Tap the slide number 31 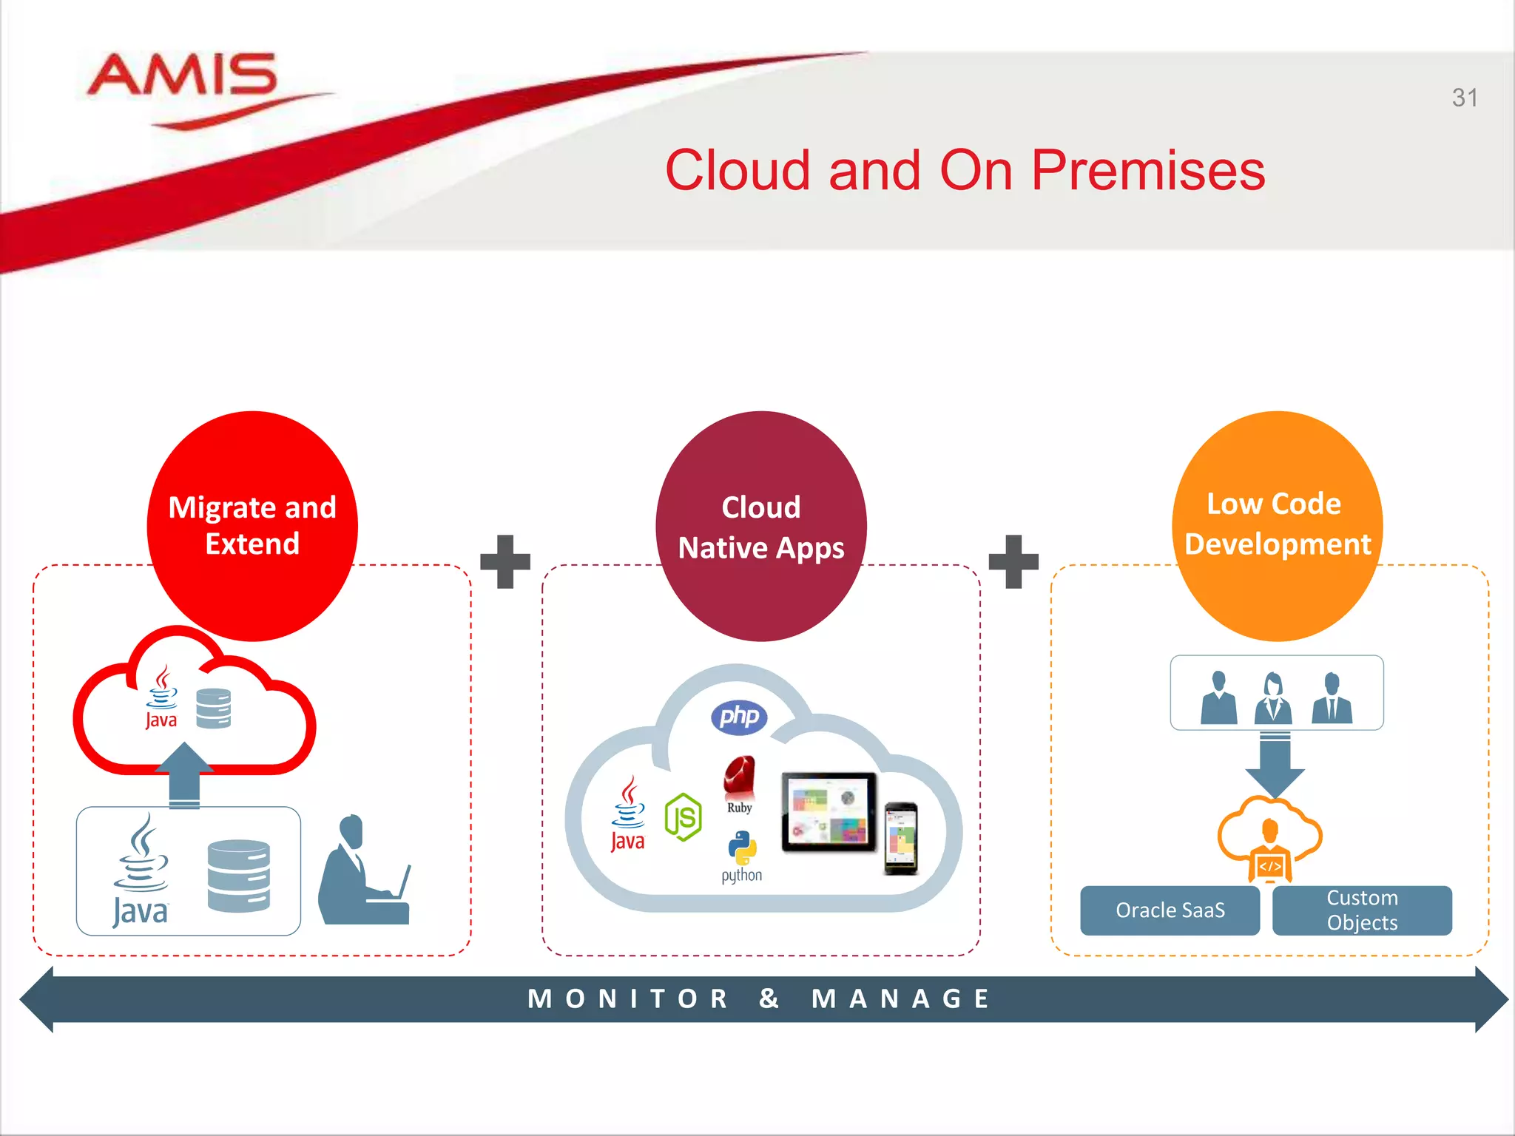coord(1464,98)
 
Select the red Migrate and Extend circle coord(252,526)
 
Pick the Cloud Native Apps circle coord(760,526)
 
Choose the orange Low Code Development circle coord(1277,526)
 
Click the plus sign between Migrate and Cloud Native coord(505,561)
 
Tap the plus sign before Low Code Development coord(1013,561)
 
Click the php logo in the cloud coord(738,717)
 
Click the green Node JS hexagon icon coord(683,817)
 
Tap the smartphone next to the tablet coord(901,838)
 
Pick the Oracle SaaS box coord(1170,910)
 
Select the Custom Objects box coord(1362,910)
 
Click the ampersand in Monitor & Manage coord(769,998)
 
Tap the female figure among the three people coord(1273,698)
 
